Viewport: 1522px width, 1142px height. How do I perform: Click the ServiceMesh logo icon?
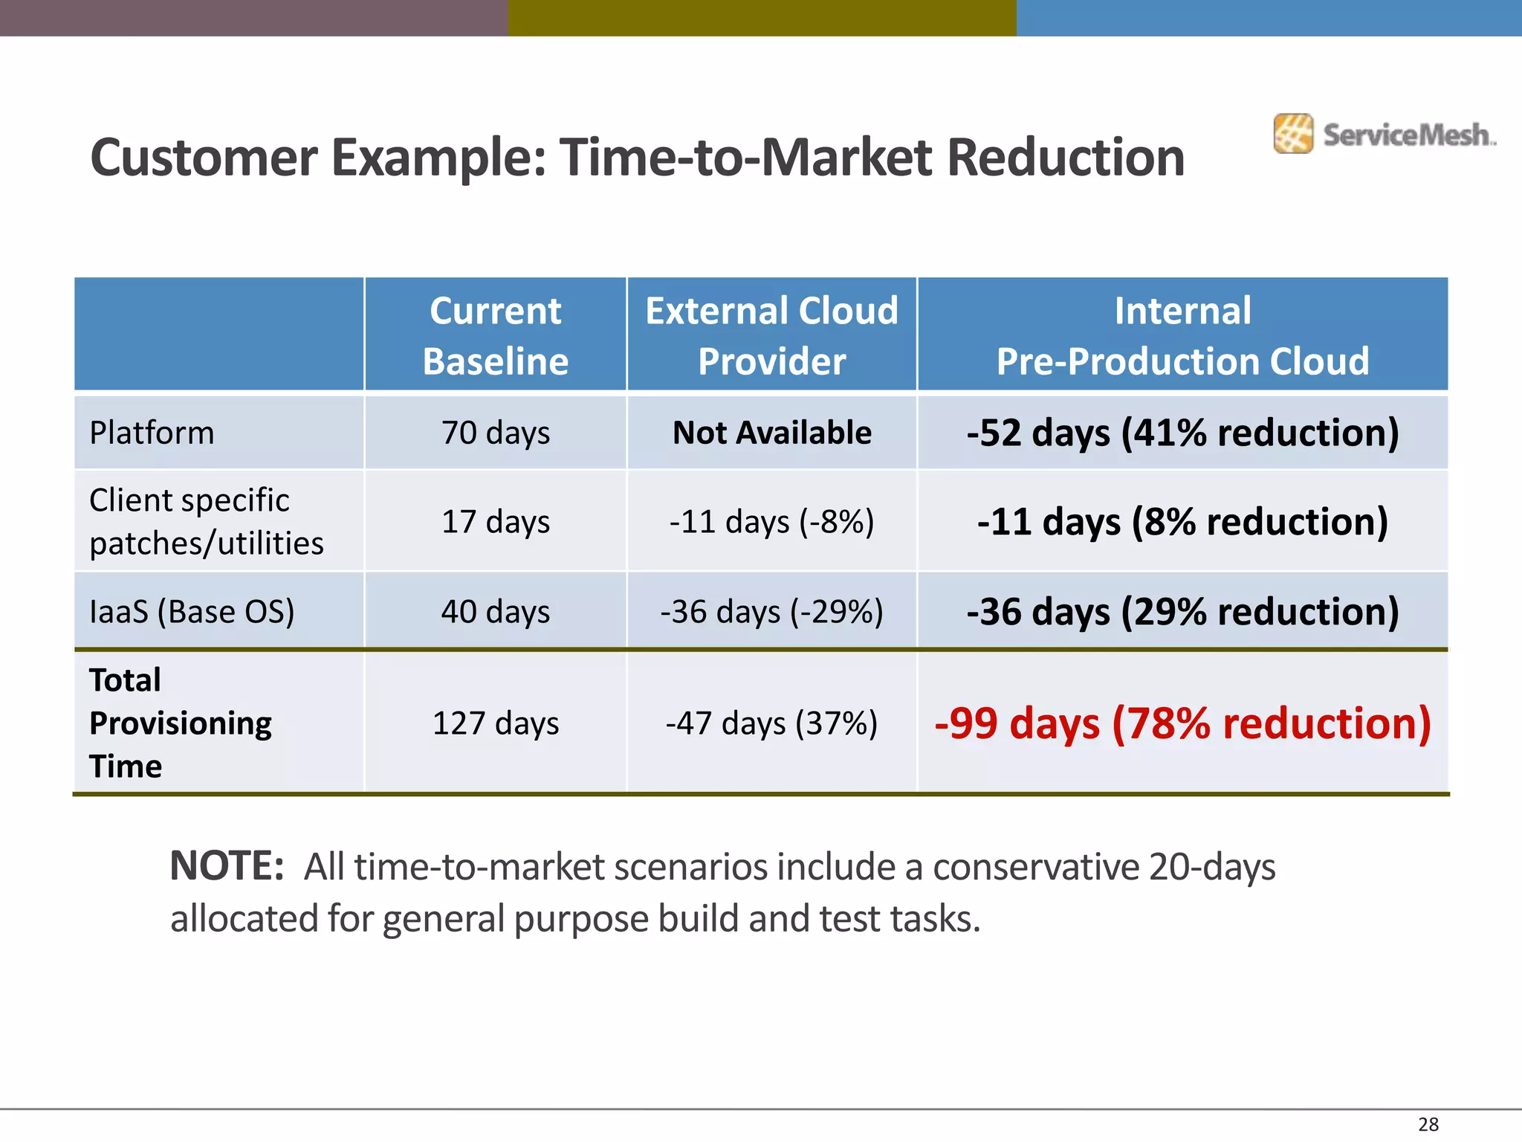(x=1292, y=134)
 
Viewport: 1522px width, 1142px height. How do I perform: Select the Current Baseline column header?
(x=495, y=335)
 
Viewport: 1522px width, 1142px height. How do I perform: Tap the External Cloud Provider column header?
(x=771, y=335)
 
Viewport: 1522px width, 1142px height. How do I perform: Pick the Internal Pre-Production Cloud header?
(x=1182, y=335)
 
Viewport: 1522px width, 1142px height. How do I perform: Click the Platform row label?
(x=152, y=433)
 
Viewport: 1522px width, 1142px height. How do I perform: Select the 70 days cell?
(x=495, y=433)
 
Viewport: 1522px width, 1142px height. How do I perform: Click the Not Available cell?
(x=771, y=433)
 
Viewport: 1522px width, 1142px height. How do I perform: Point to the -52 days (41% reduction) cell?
(x=1182, y=433)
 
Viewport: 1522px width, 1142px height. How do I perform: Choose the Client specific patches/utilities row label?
(x=206, y=521)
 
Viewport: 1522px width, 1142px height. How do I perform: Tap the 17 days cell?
(x=495, y=521)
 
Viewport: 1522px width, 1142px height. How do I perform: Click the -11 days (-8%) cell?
(x=771, y=521)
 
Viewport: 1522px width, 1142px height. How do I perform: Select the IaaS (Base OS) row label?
(x=192, y=612)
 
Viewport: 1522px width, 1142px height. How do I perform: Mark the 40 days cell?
(x=495, y=612)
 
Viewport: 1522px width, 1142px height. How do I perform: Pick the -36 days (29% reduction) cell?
(x=1182, y=612)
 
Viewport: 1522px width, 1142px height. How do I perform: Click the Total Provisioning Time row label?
(x=180, y=723)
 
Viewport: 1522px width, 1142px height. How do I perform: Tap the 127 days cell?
(x=495, y=723)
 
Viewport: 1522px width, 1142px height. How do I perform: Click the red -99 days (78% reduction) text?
(x=1182, y=723)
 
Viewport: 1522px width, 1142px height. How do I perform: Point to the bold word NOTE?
(x=227, y=866)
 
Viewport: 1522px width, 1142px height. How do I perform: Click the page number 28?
(x=1428, y=1124)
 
